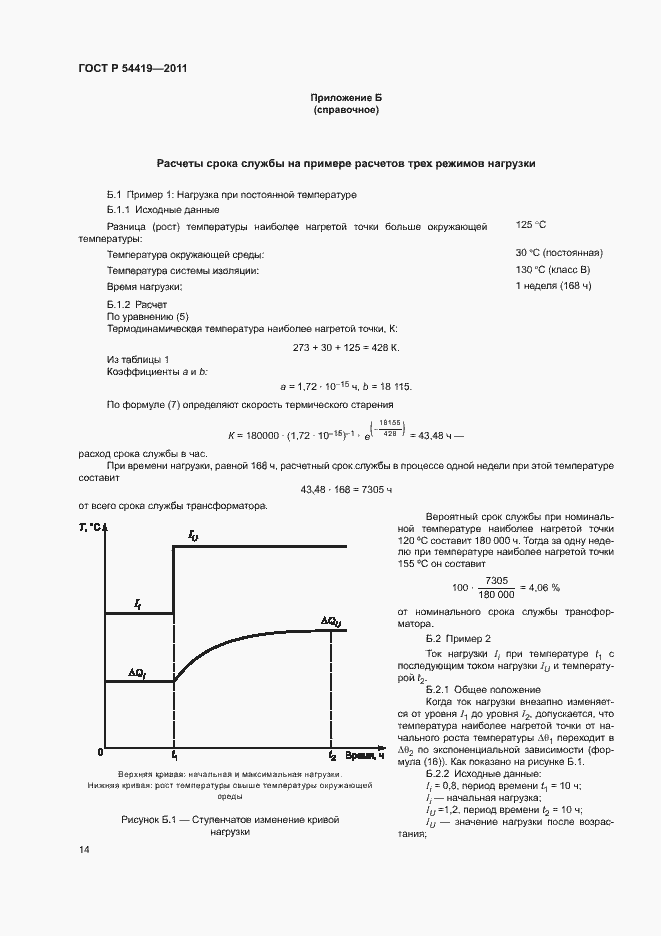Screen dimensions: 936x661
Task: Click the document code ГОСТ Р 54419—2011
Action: [x=133, y=68]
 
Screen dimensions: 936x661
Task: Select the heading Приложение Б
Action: [x=346, y=98]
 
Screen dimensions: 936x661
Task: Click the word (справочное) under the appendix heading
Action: [x=346, y=110]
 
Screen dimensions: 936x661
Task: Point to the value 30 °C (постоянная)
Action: [x=558, y=253]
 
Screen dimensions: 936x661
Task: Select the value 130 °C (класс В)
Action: [x=553, y=270]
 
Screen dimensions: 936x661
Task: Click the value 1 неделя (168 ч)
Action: [x=553, y=287]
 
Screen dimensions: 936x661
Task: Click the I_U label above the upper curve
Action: [x=193, y=537]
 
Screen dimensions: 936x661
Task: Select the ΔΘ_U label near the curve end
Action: [x=331, y=620]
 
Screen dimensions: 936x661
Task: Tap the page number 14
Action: [x=84, y=849]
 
